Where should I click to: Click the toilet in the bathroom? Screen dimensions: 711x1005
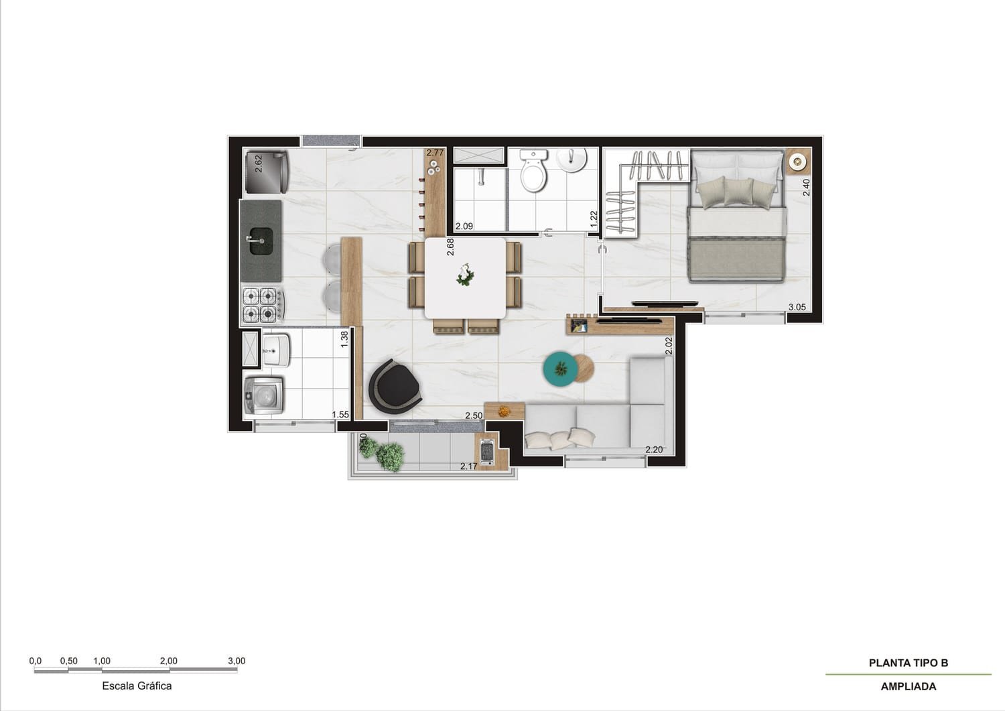coord(535,173)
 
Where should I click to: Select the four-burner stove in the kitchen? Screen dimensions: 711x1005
coord(261,304)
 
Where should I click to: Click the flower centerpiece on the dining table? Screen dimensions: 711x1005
coord(464,275)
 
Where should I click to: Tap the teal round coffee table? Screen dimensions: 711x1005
coord(561,369)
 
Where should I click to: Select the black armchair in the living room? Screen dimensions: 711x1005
coord(394,386)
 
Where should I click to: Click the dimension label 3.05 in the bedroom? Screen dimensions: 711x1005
coord(797,308)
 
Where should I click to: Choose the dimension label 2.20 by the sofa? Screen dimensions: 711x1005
coord(653,450)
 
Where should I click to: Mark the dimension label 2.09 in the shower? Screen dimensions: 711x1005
coord(464,226)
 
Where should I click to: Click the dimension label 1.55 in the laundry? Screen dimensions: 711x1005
coord(340,415)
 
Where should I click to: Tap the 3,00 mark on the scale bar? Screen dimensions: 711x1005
coord(237,661)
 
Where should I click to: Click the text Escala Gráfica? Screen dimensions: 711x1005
coord(137,686)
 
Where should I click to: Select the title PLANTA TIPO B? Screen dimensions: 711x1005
coord(908,663)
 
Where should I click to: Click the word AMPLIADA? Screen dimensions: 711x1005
coord(908,686)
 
